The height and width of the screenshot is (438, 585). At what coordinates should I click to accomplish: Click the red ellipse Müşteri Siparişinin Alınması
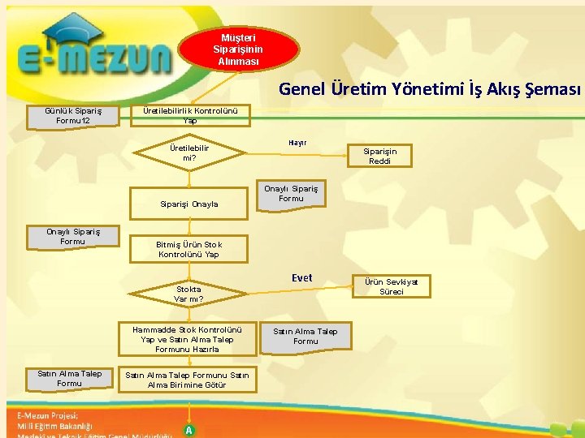pyautogui.click(x=239, y=49)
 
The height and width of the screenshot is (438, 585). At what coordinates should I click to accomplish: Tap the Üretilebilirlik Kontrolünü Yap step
pyautogui.click(x=189, y=115)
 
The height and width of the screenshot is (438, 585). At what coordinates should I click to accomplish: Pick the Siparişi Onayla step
pyautogui.click(x=189, y=204)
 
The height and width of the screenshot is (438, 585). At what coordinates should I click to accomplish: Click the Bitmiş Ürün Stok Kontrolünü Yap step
pyautogui.click(x=189, y=249)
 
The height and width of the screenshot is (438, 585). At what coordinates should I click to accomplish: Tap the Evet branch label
pyautogui.click(x=301, y=278)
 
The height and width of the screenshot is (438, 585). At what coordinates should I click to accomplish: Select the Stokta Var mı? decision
pyautogui.click(x=188, y=294)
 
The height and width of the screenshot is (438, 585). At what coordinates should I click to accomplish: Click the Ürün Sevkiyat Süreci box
pyautogui.click(x=391, y=286)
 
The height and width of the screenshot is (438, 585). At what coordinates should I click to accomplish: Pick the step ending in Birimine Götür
pyautogui.click(x=187, y=379)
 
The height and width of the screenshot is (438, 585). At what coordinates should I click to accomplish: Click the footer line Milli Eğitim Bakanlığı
pyautogui.click(x=55, y=425)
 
